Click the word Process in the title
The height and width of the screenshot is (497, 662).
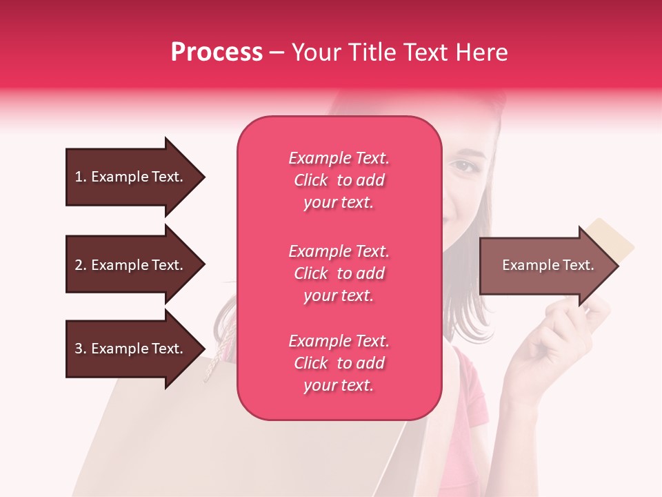(217, 52)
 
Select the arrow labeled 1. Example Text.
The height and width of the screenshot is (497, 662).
(131, 177)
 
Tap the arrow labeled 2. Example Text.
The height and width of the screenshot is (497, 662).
(131, 265)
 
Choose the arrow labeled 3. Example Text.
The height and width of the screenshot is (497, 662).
(131, 349)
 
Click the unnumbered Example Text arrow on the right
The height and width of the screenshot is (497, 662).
(545, 265)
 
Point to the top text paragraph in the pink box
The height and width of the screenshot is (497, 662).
(339, 180)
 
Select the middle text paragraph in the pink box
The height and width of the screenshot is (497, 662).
(339, 273)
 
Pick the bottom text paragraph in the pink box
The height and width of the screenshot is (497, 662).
(339, 363)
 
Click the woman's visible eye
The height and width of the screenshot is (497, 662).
(463, 166)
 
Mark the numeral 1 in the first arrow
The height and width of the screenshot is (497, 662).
(79, 177)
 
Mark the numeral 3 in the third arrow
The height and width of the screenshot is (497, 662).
(79, 349)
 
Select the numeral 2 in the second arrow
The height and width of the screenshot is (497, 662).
(79, 265)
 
